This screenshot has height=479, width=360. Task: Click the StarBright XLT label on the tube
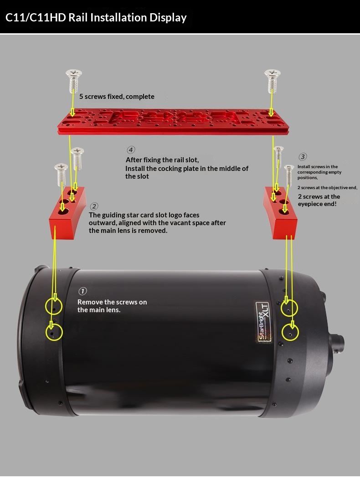[x=263, y=322]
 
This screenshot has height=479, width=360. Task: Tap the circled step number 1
[x=82, y=291]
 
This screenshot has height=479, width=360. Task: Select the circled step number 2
[x=94, y=206]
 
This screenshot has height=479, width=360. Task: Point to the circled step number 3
[x=303, y=157]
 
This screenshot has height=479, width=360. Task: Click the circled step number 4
[x=131, y=149]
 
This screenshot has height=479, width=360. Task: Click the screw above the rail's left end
[x=73, y=81]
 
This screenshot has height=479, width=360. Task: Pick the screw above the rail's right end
[x=273, y=81]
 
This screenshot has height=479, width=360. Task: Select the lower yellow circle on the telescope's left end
[x=54, y=332]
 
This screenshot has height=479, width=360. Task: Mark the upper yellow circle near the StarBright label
[x=289, y=308]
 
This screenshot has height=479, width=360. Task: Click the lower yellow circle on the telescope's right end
[x=290, y=332]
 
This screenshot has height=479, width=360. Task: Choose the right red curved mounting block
[x=280, y=213]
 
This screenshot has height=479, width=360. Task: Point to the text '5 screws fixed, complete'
[x=117, y=97]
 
